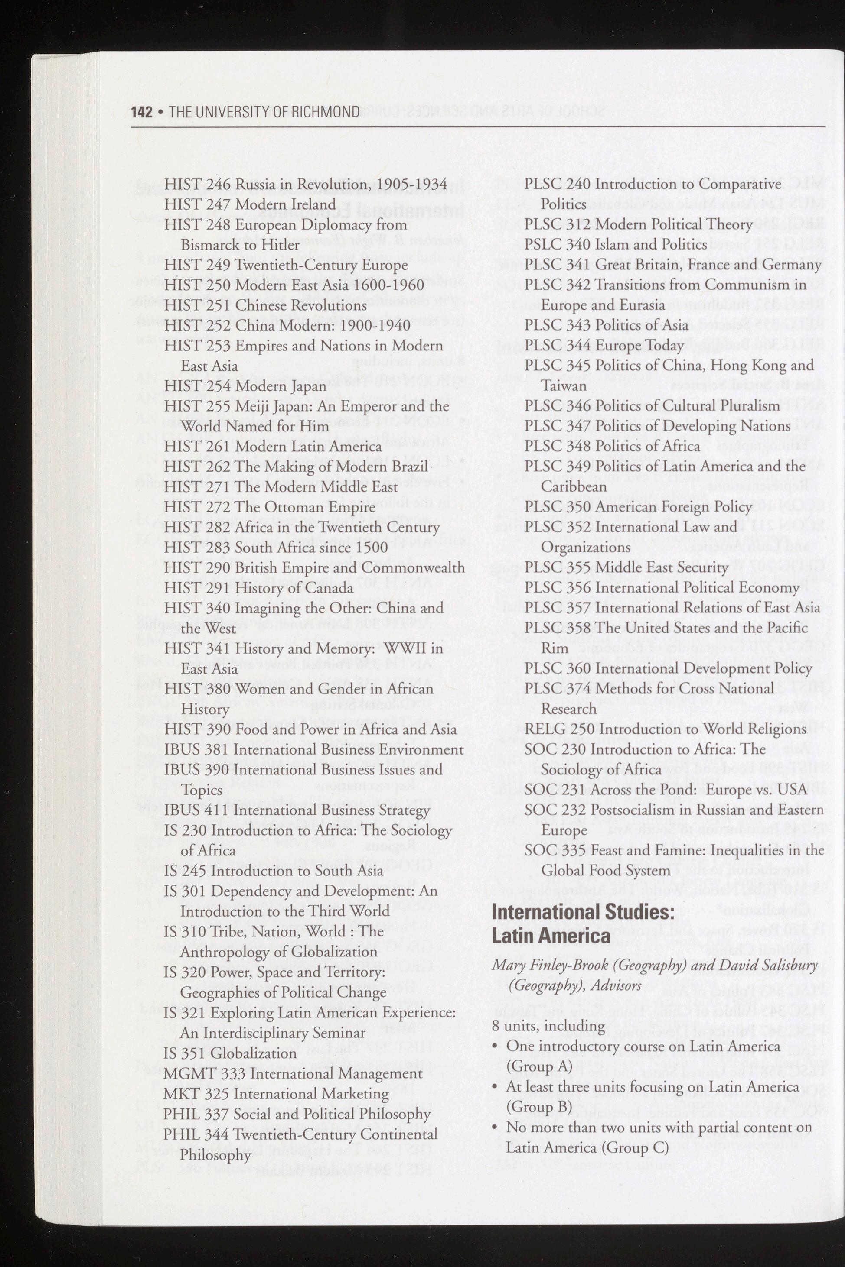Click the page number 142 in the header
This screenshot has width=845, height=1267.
(x=142, y=112)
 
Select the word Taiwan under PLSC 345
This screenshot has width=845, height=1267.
(x=564, y=386)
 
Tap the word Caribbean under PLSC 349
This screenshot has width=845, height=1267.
(x=574, y=487)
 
